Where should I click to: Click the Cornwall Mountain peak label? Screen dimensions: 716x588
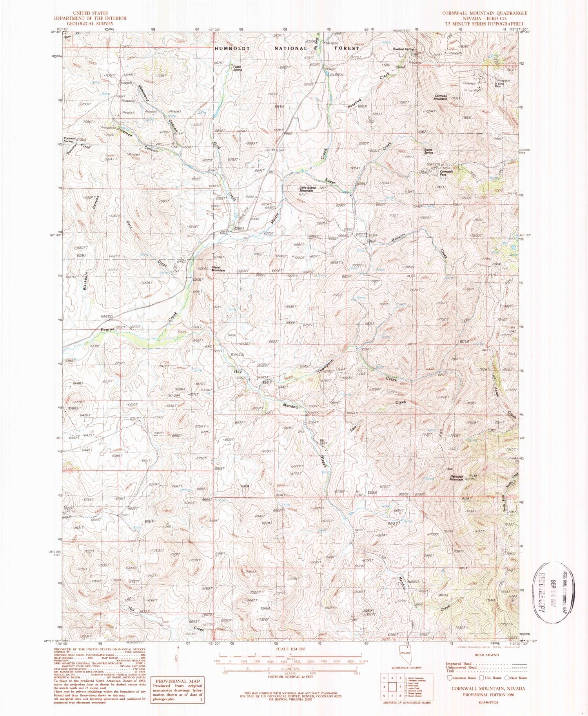[x=441, y=97]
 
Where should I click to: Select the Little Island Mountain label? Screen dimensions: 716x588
[x=308, y=189]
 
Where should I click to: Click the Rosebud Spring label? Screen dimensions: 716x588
[x=404, y=49]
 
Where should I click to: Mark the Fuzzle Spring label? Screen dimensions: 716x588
[x=237, y=68]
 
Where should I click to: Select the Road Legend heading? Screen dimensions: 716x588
[x=486, y=655]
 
